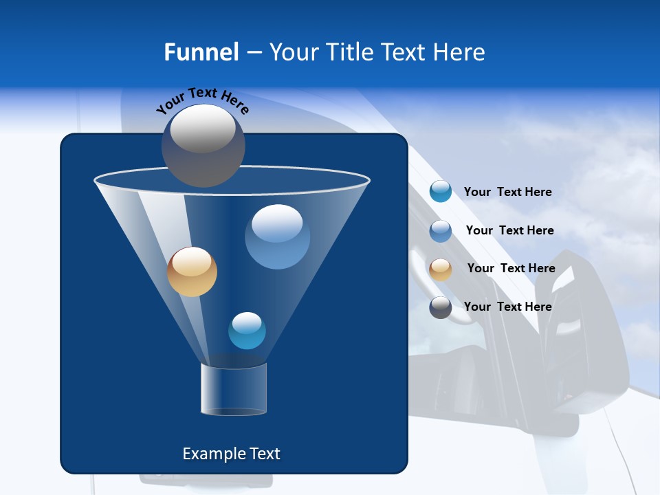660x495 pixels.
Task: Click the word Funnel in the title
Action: (x=201, y=52)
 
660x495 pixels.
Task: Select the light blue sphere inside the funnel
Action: (x=277, y=237)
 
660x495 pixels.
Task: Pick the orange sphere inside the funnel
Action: (x=192, y=272)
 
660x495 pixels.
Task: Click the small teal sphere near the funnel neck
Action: (x=247, y=331)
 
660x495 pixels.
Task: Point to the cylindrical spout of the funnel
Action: (x=234, y=390)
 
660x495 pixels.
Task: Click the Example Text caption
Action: (x=231, y=454)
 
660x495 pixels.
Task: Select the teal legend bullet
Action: (x=441, y=191)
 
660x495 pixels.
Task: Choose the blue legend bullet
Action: (x=441, y=231)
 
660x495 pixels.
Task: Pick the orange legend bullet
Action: (x=441, y=269)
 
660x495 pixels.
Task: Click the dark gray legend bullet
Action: (x=441, y=307)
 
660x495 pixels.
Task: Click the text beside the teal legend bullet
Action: (x=507, y=192)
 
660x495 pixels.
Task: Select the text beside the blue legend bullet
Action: (x=509, y=230)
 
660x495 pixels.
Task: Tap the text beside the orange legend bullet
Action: (x=511, y=268)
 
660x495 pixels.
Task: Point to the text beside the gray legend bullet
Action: (x=507, y=307)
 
